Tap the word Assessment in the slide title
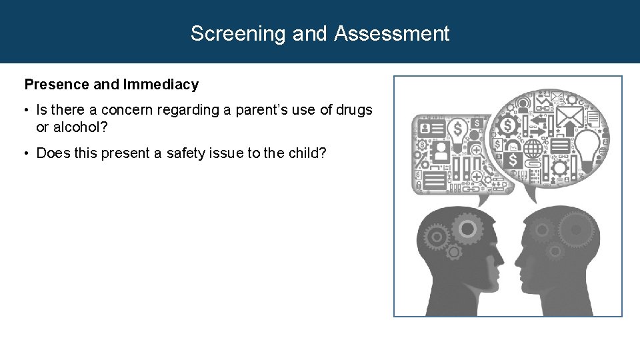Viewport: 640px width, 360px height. tap(392, 33)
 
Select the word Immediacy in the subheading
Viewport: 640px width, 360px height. tap(161, 85)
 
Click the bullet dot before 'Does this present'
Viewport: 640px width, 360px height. tap(29, 154)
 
